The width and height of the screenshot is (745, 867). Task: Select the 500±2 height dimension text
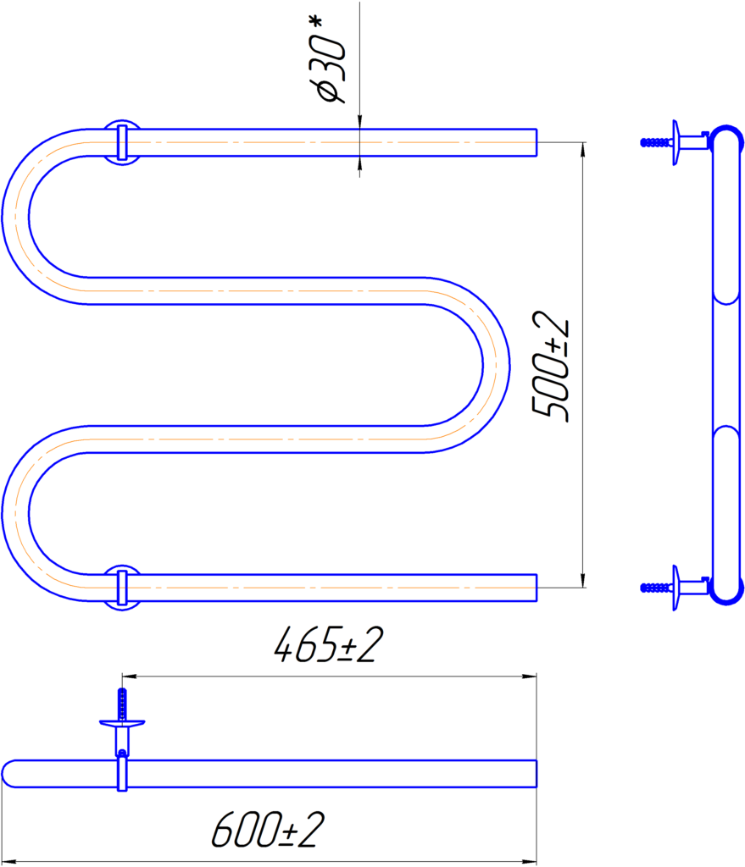click(x=549, y=366)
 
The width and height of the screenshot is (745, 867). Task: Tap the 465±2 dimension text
click(x=329, y=644)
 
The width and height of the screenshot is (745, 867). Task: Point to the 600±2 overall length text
click(x=268, y=830)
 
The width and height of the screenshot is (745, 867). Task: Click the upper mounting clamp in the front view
click(x=122, y=142)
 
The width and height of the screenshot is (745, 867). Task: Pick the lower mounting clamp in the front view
click(x=122, y=588)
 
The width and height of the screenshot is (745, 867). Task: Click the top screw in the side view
click(x=657, y=142)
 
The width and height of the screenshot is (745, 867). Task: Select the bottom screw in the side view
click(x=657, y=588)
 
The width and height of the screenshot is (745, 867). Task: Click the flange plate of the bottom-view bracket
click(x=122, y=723)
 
